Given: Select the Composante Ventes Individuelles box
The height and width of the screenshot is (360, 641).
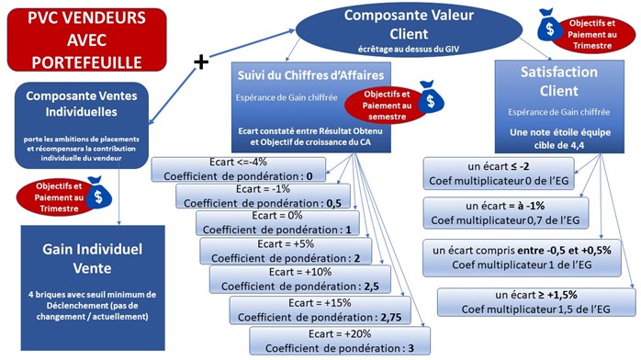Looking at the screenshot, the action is [x=84, y=124].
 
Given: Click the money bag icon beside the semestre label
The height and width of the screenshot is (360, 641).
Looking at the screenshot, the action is [x=426, y=102].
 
